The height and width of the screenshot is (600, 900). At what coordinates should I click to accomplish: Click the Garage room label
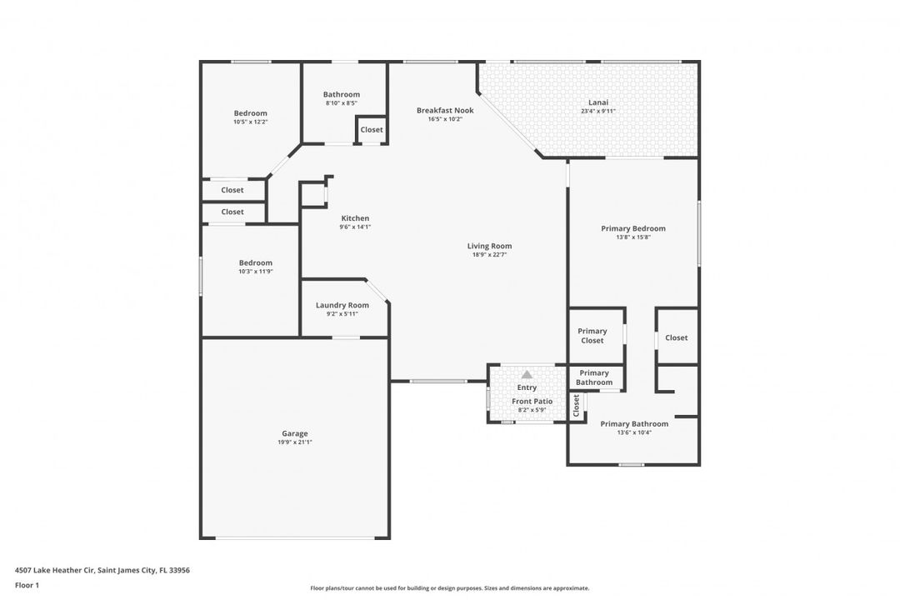(x=294, y=433)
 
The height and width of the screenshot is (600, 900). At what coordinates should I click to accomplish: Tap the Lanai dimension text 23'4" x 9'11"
(x=598, y=112)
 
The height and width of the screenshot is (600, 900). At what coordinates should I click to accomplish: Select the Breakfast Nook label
(x=445, y=110)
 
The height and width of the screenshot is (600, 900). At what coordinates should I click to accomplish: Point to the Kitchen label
(x=355, y=218)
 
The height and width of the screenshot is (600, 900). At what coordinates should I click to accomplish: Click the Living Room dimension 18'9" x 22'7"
(x=489, y=255)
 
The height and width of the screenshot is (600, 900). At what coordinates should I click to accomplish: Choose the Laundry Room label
(x=342, y=306)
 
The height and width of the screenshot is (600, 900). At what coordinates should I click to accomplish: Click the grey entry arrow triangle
(x=527, y=374)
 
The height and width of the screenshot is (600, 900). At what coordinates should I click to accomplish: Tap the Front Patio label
(x=532, y=402)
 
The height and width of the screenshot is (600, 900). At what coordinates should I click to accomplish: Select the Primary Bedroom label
(x=633, y=228)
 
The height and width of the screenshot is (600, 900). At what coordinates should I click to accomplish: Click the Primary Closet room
(x=597, y=336)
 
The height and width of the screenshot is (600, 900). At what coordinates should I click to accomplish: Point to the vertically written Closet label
(x=577, y=405)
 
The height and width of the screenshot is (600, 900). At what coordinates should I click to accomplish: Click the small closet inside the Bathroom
(x=372, y=130)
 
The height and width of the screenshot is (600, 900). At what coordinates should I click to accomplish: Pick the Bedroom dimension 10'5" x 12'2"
(x=250, y=122)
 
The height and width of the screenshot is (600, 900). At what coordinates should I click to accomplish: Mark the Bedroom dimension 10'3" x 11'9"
(x=256, y=272)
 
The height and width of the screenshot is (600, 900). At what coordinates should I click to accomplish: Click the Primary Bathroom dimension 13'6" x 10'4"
(x=634, y=433)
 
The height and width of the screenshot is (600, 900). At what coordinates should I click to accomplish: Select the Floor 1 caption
(x=27, y=585)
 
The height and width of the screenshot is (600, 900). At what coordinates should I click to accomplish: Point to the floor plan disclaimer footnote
(x=449, y=588)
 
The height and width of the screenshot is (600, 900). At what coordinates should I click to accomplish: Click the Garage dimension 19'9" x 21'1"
(x=294, y=442)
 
